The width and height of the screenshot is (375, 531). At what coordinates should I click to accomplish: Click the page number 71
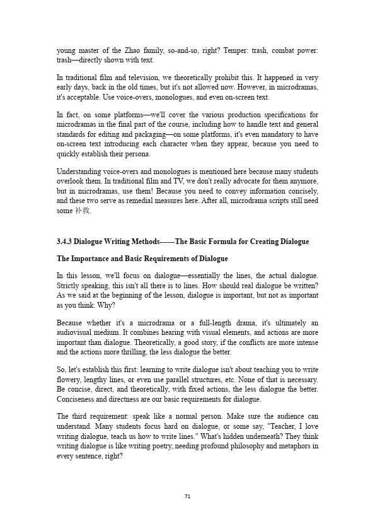[x=187, y=496]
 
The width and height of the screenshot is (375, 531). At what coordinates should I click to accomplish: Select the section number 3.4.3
[x=66, y=242]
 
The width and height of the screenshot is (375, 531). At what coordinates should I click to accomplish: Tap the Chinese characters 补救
[x=83, y=211]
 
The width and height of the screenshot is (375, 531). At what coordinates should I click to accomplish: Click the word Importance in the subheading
[x=92, y=259]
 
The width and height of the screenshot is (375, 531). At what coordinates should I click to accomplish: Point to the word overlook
[x=71, y=181]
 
